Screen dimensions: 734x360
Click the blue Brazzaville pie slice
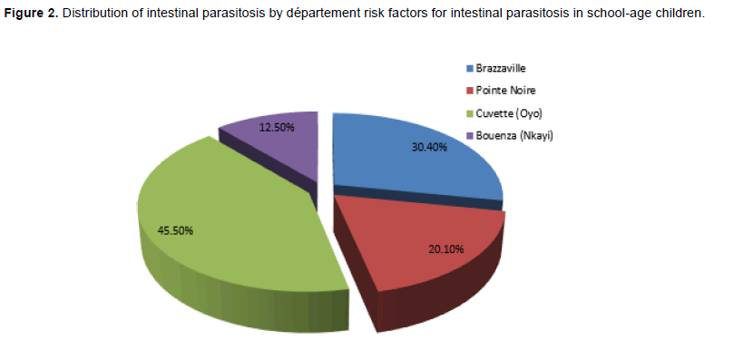coord(412,160)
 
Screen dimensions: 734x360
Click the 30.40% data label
coord(429,147)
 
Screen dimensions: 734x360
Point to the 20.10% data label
coord(446,249)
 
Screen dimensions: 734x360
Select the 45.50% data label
coord(175,231)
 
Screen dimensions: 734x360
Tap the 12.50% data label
coord(277,127)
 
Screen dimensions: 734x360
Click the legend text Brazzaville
coord(501,68)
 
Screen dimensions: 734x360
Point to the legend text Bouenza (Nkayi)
coord(514,136)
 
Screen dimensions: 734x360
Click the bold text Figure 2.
coord(31,13)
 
